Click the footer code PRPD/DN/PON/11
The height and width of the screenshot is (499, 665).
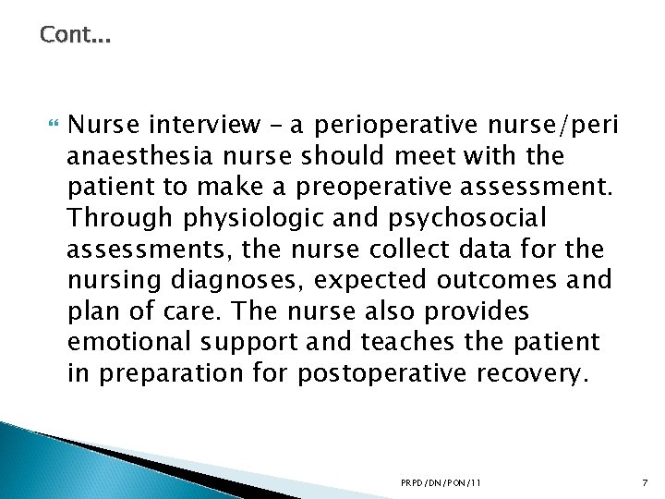click(x=441, y=482)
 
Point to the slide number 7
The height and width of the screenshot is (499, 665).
click(x=644, y=482)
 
